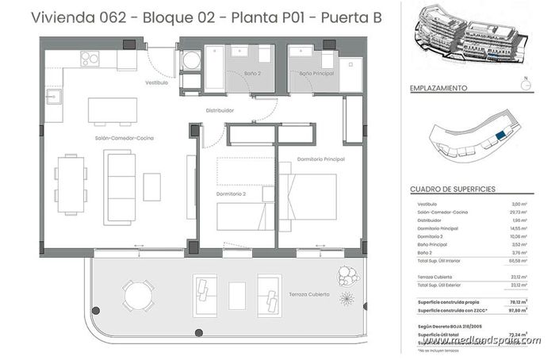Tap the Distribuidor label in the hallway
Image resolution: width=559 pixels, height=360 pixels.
[219, 110]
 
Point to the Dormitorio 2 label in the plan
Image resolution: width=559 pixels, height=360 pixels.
[231, 193]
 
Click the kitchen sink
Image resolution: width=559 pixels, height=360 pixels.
[54, 98]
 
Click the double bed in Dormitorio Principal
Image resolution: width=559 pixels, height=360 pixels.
[307, 197]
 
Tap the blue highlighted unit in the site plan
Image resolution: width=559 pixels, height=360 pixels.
[499, 136]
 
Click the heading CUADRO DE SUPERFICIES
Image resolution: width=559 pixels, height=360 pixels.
[453, 190]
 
